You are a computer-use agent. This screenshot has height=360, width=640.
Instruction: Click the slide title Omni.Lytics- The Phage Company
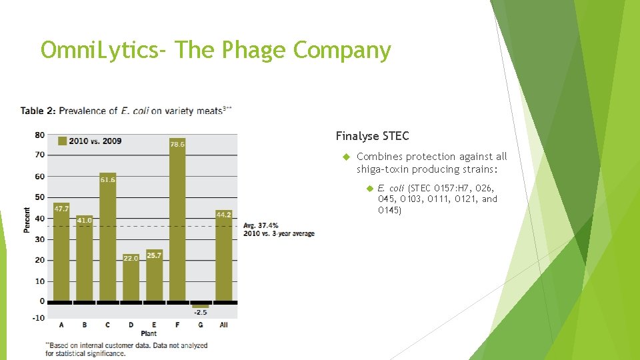tap(215, 50)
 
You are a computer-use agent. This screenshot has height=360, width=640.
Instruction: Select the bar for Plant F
tap(177, 219)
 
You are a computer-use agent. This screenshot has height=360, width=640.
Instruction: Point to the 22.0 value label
tap(131, 258)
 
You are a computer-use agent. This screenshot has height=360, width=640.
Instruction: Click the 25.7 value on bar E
tap(154, 255)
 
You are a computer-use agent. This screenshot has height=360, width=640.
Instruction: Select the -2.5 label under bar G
tap(201, 312)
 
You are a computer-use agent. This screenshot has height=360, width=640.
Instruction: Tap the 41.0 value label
tap(85, 220)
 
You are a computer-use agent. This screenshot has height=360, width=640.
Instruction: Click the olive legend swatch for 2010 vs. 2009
tap(62, 141)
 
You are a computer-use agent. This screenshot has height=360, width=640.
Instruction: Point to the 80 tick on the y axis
tap(40, 135)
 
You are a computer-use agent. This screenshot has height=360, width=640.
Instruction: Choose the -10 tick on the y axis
tap(39, 318)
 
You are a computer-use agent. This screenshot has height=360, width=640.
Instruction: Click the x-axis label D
tap(131, 325)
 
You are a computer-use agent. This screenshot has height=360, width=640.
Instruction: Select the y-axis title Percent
tap(27, 220)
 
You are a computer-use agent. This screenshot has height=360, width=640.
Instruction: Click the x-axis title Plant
tap(149, 333)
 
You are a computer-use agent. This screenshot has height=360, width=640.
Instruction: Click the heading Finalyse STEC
tap(372, 136)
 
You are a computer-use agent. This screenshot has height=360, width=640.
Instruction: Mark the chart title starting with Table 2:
tap(126, 111)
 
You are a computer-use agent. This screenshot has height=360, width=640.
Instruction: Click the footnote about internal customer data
tap(126, 349)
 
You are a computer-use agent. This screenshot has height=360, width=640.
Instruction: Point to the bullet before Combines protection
tap(346, 157)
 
